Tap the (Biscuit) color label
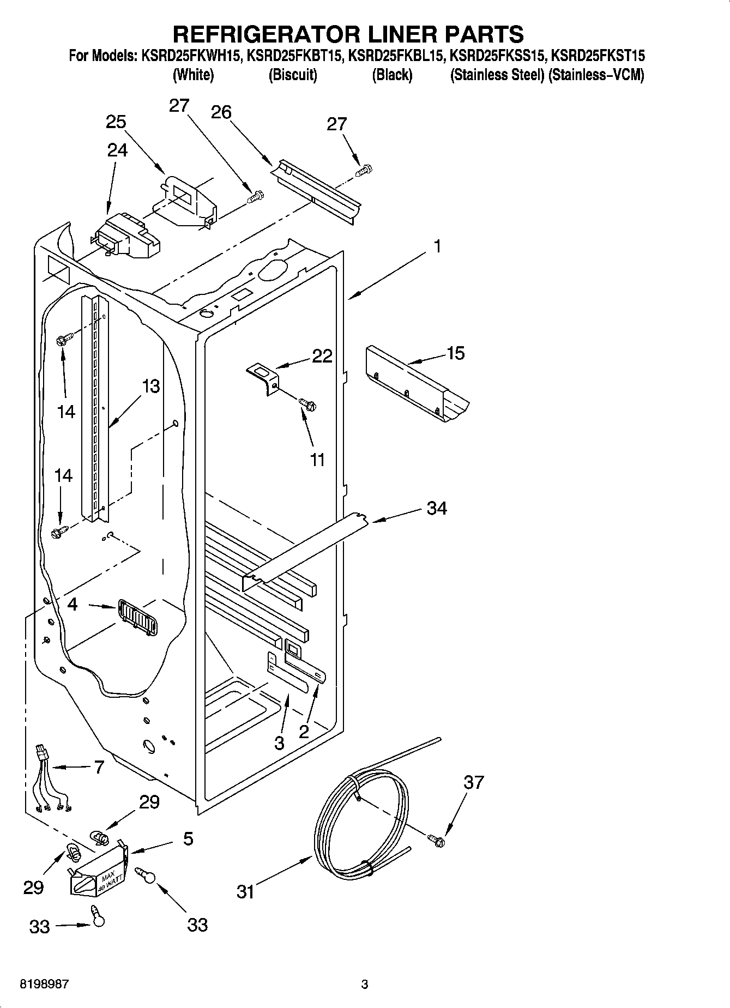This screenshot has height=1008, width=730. point(293,75)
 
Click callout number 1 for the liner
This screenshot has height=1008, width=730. point(437,247)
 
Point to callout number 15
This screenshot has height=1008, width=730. point(455,353)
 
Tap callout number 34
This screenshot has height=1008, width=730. point(437,508)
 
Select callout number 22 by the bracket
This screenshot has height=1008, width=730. point(322,357)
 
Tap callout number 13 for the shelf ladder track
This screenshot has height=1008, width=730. point(150,386)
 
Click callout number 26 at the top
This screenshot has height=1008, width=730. point(221,112)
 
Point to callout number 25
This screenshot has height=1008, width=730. point(116,122)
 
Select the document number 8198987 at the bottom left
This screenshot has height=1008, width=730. point(44,985)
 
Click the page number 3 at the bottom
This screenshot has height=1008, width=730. point(365,985)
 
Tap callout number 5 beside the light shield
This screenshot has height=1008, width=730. point(188,838)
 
